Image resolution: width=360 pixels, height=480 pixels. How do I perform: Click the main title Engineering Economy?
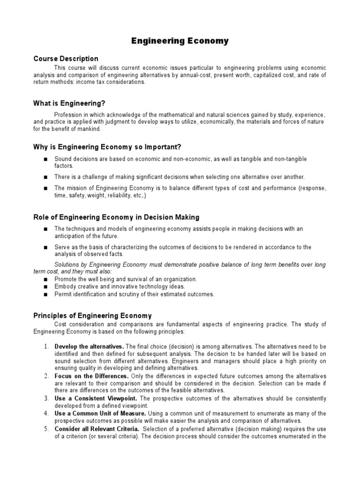point(180,41)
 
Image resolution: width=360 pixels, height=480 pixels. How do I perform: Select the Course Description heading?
point(66,59)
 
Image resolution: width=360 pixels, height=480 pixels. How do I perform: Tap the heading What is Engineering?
point(73,103)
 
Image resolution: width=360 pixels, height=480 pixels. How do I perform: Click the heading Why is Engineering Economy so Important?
point(107,147)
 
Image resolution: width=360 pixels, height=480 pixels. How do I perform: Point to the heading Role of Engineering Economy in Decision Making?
point(116,217)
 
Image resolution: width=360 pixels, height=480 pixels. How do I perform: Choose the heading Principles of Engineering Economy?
point(92,315)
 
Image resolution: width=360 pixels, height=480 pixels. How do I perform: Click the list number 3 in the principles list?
point(46,398)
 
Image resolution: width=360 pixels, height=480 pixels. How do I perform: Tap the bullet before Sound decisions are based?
point(45,159)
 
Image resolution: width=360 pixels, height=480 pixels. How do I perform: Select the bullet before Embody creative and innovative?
point(45,286)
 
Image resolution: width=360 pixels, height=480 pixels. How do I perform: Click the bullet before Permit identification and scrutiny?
point(45,294)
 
